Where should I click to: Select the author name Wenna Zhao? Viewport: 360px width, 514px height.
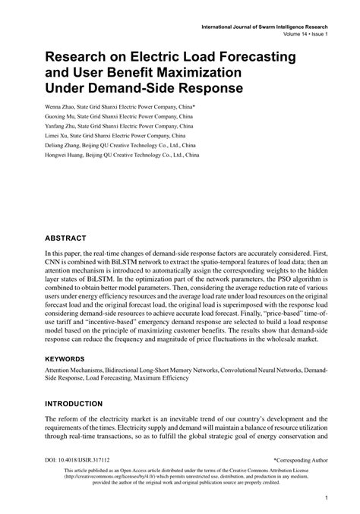(x=64, y=108)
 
